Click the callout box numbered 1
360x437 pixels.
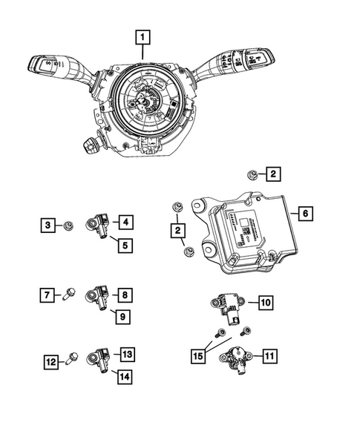pos(141,36)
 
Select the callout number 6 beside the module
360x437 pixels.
pos(304,214)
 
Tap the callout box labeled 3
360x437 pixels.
pos(47,224)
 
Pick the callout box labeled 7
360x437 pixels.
pos(47,296)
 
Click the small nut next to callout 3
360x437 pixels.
pos(68,224)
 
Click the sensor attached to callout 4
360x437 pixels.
pos(100,222)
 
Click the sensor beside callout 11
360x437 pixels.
pos(238,360)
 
